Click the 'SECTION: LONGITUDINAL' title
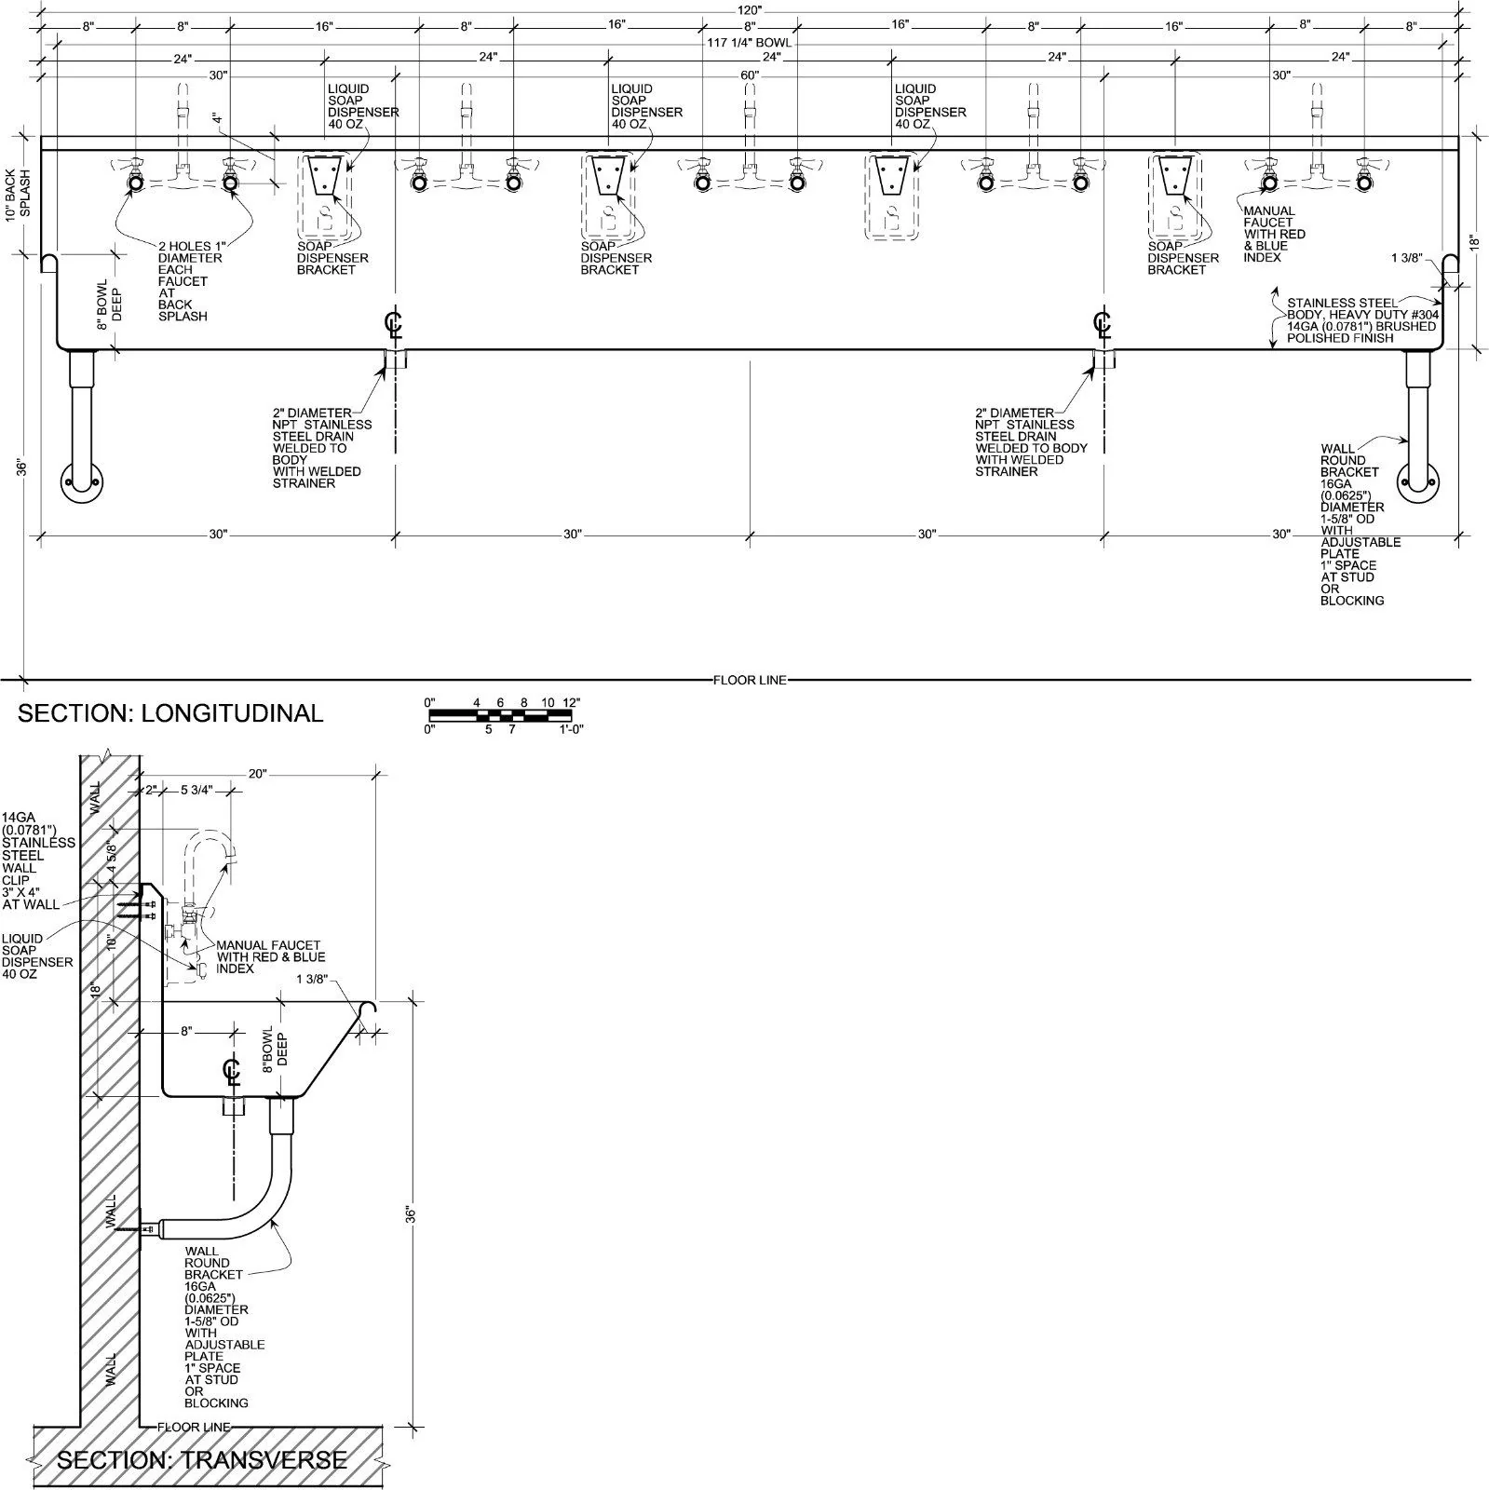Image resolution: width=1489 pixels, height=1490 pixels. [170, 713]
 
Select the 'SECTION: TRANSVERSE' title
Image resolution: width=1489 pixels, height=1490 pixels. [202, 1459]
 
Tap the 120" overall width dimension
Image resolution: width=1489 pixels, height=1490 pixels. [750, 9]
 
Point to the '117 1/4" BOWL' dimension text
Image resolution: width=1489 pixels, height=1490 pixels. [750, 43]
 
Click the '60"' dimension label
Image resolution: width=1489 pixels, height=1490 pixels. [750, 75]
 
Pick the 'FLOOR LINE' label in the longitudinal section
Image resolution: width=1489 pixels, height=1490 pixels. [750, 680]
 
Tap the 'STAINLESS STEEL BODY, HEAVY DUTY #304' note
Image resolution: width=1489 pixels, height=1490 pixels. [1361, 309]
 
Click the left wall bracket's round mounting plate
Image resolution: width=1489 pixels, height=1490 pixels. [83, 482]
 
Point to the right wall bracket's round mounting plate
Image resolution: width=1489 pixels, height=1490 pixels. [1416, 482]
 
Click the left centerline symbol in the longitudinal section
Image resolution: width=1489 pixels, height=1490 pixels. [395, 324]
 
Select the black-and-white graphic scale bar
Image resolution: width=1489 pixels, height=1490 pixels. [499, 715]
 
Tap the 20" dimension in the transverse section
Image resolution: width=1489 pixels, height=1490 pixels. [258, 773]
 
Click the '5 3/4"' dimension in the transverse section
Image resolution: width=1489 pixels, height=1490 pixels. [196, 790]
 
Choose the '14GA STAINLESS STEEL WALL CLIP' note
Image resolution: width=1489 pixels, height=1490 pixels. [37, 861]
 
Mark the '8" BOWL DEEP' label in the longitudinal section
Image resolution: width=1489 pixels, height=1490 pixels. [110, 300]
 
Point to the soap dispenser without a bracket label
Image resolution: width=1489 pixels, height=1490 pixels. [892, 196]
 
